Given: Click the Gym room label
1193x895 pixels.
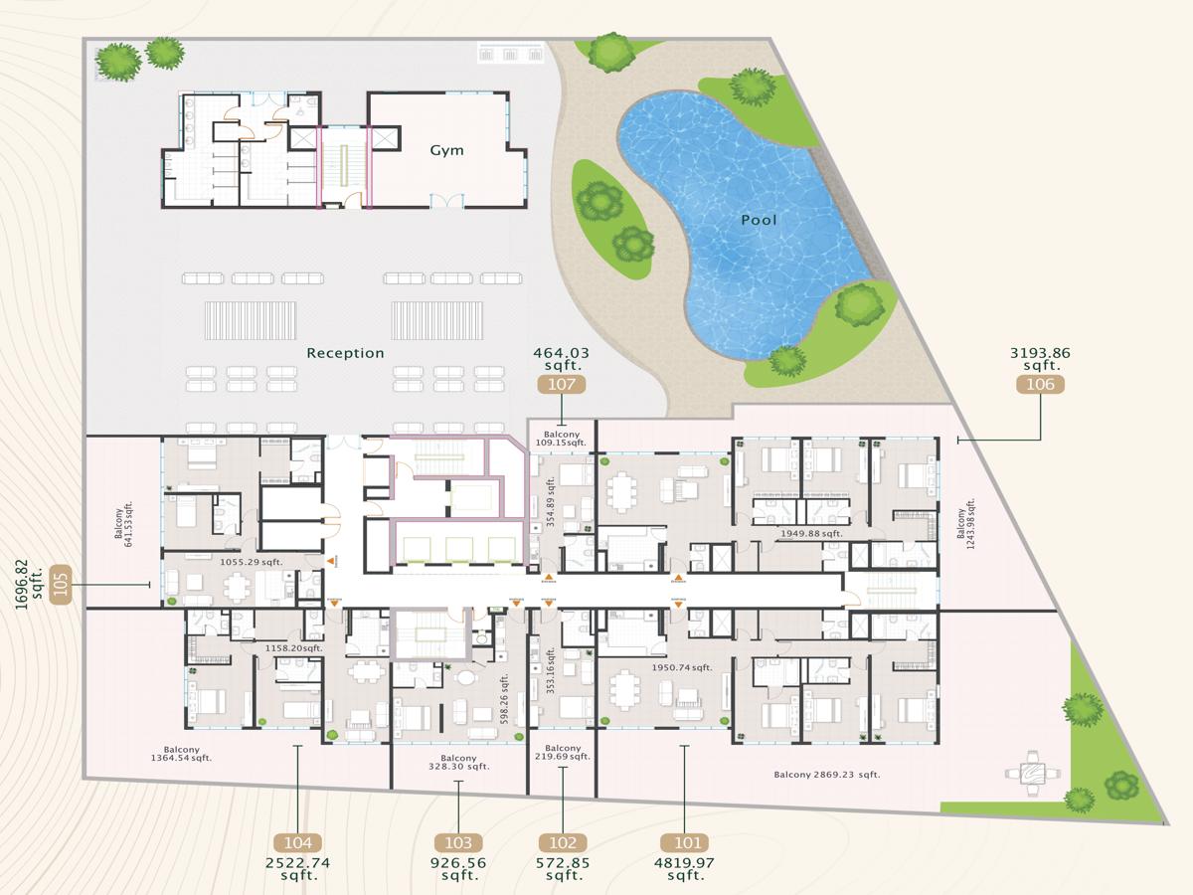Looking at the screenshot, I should click(446, 150).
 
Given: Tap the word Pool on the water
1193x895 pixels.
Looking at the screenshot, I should click(759, 220).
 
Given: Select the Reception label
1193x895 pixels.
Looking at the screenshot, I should click(345, 353).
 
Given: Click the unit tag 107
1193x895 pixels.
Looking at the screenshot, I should click(561, 384).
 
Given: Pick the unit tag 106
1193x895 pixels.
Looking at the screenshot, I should click(1040, 384).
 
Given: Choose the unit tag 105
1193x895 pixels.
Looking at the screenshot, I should click(62, 585).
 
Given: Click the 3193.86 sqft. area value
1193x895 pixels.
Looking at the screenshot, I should click(1040, 359).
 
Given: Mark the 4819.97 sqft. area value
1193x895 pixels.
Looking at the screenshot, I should click(686, 869).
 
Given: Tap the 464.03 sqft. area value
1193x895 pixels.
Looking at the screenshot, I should click(561, 359).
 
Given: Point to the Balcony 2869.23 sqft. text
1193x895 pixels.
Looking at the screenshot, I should click(827, 774).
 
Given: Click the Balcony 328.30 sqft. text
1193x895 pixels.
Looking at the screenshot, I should click(457, 762).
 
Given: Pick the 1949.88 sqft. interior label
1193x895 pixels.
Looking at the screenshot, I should click(811, 534).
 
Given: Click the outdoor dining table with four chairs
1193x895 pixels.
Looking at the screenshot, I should click(1032, 773).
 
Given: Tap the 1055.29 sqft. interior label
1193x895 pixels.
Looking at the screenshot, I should click(252, 562).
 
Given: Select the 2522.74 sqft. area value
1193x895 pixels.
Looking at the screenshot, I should click(297, 869).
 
